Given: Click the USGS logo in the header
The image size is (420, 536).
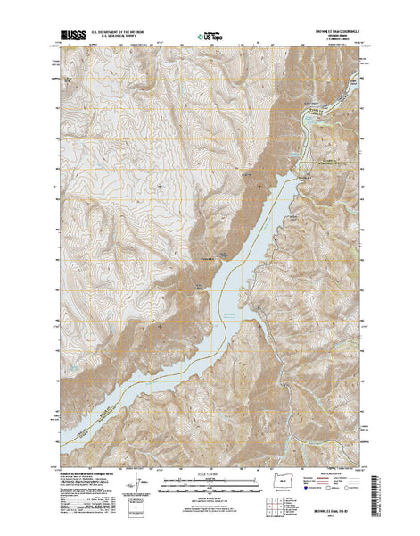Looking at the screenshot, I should click(x=72, y=38).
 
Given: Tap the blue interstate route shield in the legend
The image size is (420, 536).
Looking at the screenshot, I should click(x=307, y=489).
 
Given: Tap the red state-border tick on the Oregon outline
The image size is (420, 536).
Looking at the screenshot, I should click(x=288, y=480).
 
